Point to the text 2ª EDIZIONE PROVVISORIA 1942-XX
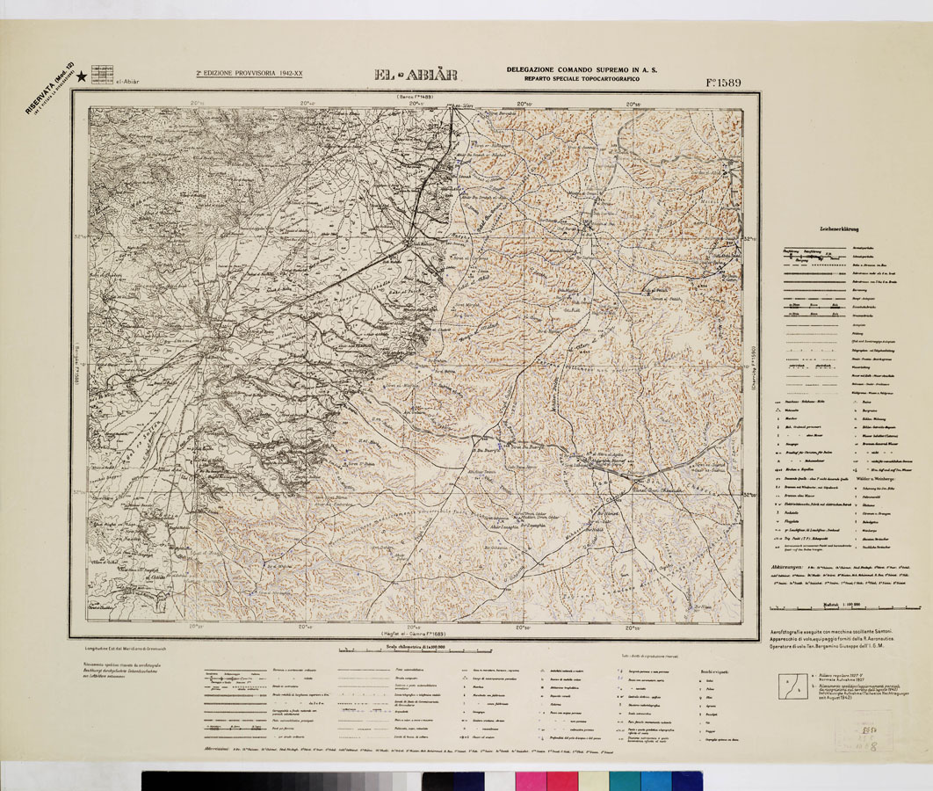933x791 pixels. point(250,75)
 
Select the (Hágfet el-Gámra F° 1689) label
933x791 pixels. point(415,633)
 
